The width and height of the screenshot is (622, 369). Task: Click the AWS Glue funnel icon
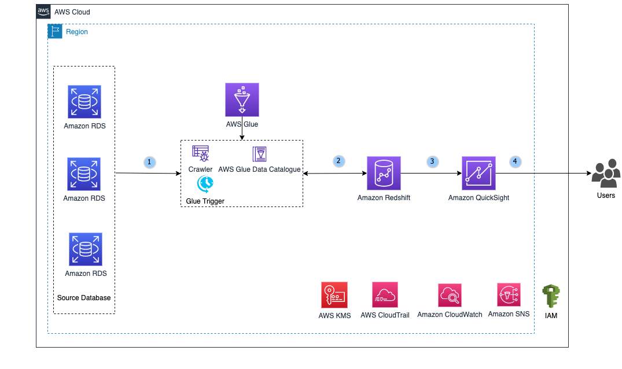(x=242, y=99)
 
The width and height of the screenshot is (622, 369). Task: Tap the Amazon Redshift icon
(x=384, y=173)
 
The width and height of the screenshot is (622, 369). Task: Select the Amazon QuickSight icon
(x=479, y=173)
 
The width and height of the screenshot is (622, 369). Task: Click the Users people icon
(x=606, y=174)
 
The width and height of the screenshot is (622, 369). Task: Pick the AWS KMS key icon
(x=334, y=295)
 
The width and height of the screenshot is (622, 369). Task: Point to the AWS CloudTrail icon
(x=385, y=295)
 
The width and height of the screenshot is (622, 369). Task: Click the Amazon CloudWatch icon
(x=450, y=295)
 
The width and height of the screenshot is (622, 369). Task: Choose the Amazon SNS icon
(x=509, y=294)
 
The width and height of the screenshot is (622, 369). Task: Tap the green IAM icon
(x=550, y=297)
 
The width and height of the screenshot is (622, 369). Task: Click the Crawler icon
(x=200, y=153)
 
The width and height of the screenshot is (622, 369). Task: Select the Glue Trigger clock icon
(x=205, y=184)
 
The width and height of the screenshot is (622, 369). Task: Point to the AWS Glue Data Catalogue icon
(x=259, y=154)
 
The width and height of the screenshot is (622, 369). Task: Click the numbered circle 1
(x=150, y=163)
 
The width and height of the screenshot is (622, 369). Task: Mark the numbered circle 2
(x=339, y=161)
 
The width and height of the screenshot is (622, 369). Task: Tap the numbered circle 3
(x=432, y=161)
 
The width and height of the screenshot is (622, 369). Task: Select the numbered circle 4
(x=515, y=161)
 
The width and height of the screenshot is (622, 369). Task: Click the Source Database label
(x=84, y=298)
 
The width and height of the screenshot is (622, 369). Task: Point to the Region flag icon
(x=55, y=32)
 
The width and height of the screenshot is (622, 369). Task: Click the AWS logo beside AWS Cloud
(x=43, y=12)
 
